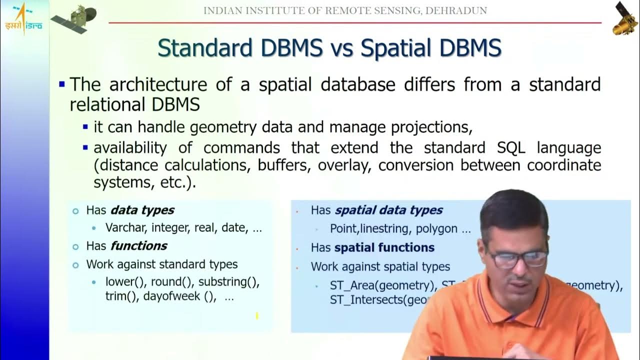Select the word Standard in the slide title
pos(205,48)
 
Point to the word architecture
pos(158,84)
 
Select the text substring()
pos(228,281)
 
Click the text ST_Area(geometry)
pos(382,285)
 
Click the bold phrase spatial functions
pos(384,247)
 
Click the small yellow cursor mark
pos(257,315)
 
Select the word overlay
pos(345,165)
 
